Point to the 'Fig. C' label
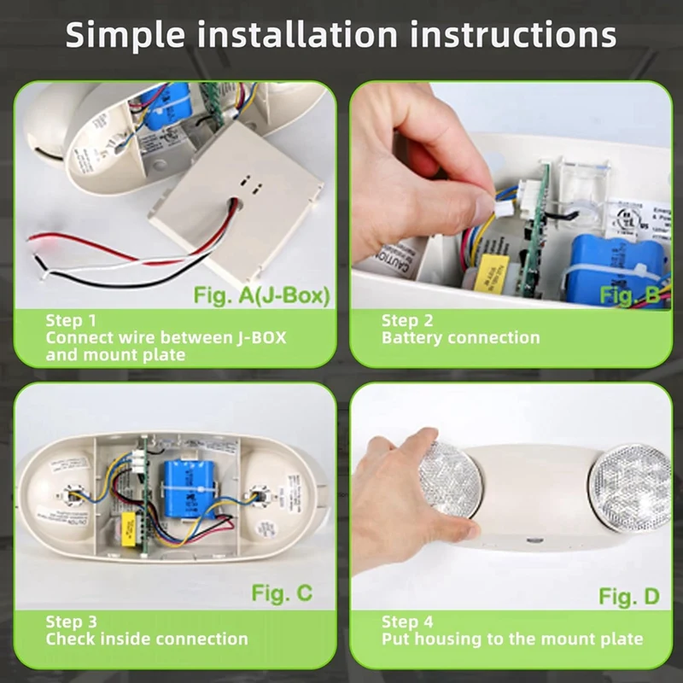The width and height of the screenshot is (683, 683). (282, 592)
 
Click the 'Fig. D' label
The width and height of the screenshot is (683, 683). (628, 595)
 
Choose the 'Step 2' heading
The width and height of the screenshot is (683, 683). (407, 320)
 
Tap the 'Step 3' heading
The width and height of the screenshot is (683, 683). (72, 622)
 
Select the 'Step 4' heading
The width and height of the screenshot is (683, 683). (407, 622)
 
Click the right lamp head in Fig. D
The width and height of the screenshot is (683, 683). (630, 487)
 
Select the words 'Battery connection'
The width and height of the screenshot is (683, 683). (460, 337)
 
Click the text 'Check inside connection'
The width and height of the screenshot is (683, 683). (146, 639)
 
